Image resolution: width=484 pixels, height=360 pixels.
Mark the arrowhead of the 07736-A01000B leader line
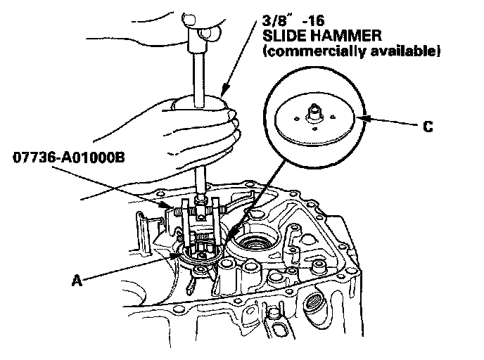coord(168,205)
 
